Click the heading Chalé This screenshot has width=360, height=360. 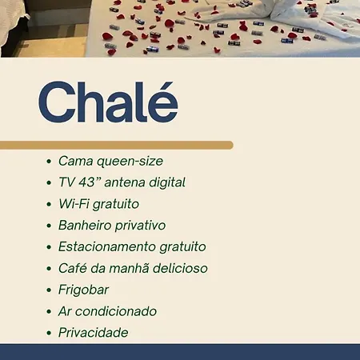click(108, 102)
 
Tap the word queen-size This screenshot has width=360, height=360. click(130, 162)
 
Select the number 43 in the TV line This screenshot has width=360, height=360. click(87, 182)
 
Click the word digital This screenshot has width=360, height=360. click(167, 183)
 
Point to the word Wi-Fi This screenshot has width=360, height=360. click(74, 204)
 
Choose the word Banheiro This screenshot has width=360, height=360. click(85, 225)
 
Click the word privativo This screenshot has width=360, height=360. click(140, 226)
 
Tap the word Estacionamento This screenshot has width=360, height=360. click(107, 246)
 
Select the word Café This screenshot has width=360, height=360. click(73, 268)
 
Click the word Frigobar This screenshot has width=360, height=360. click(83, 290)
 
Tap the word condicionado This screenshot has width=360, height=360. click(116, 311)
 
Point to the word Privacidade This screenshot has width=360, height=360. click(94, 333)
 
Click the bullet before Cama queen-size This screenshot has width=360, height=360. click(49, 162)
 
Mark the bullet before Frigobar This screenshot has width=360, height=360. click(49, 290)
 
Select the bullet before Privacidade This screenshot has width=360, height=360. click(49, 333)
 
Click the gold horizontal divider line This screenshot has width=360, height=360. click(117, 145)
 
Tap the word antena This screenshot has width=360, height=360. click(125, 183)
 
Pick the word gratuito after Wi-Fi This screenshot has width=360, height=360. click(116, 205)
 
